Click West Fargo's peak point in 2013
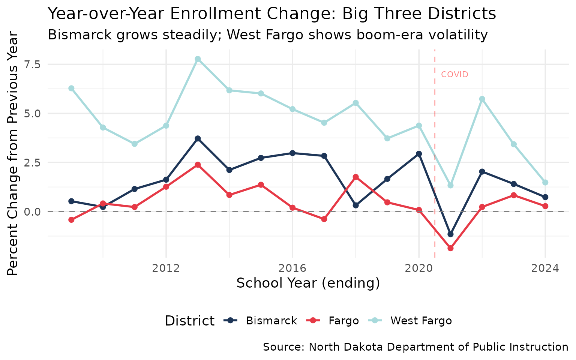(198, 59)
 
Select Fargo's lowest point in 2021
(450, 248)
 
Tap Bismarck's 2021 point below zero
(450, 234)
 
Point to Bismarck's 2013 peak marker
(198, 138)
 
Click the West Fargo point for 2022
(482, 99)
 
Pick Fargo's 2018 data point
(355, 177)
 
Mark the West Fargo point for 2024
(545, 183)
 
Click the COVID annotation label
(454, 75)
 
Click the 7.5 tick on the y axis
(33, 64)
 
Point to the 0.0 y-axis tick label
(33, 211)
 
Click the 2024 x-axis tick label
(545, 268)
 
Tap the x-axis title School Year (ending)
(308, 283)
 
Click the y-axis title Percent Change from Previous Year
(13, 154)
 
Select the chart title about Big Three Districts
(272, 14)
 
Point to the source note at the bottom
(415, 347)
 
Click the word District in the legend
(190, 321)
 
